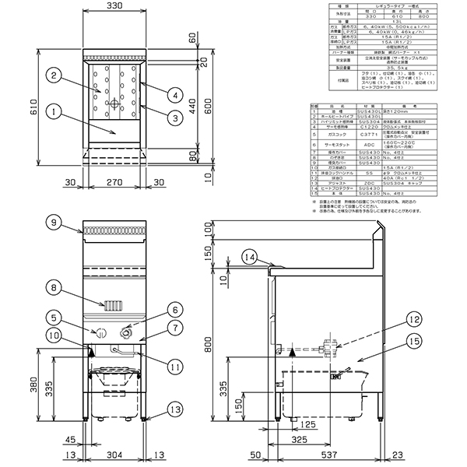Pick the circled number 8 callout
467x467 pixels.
point(53,287)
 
